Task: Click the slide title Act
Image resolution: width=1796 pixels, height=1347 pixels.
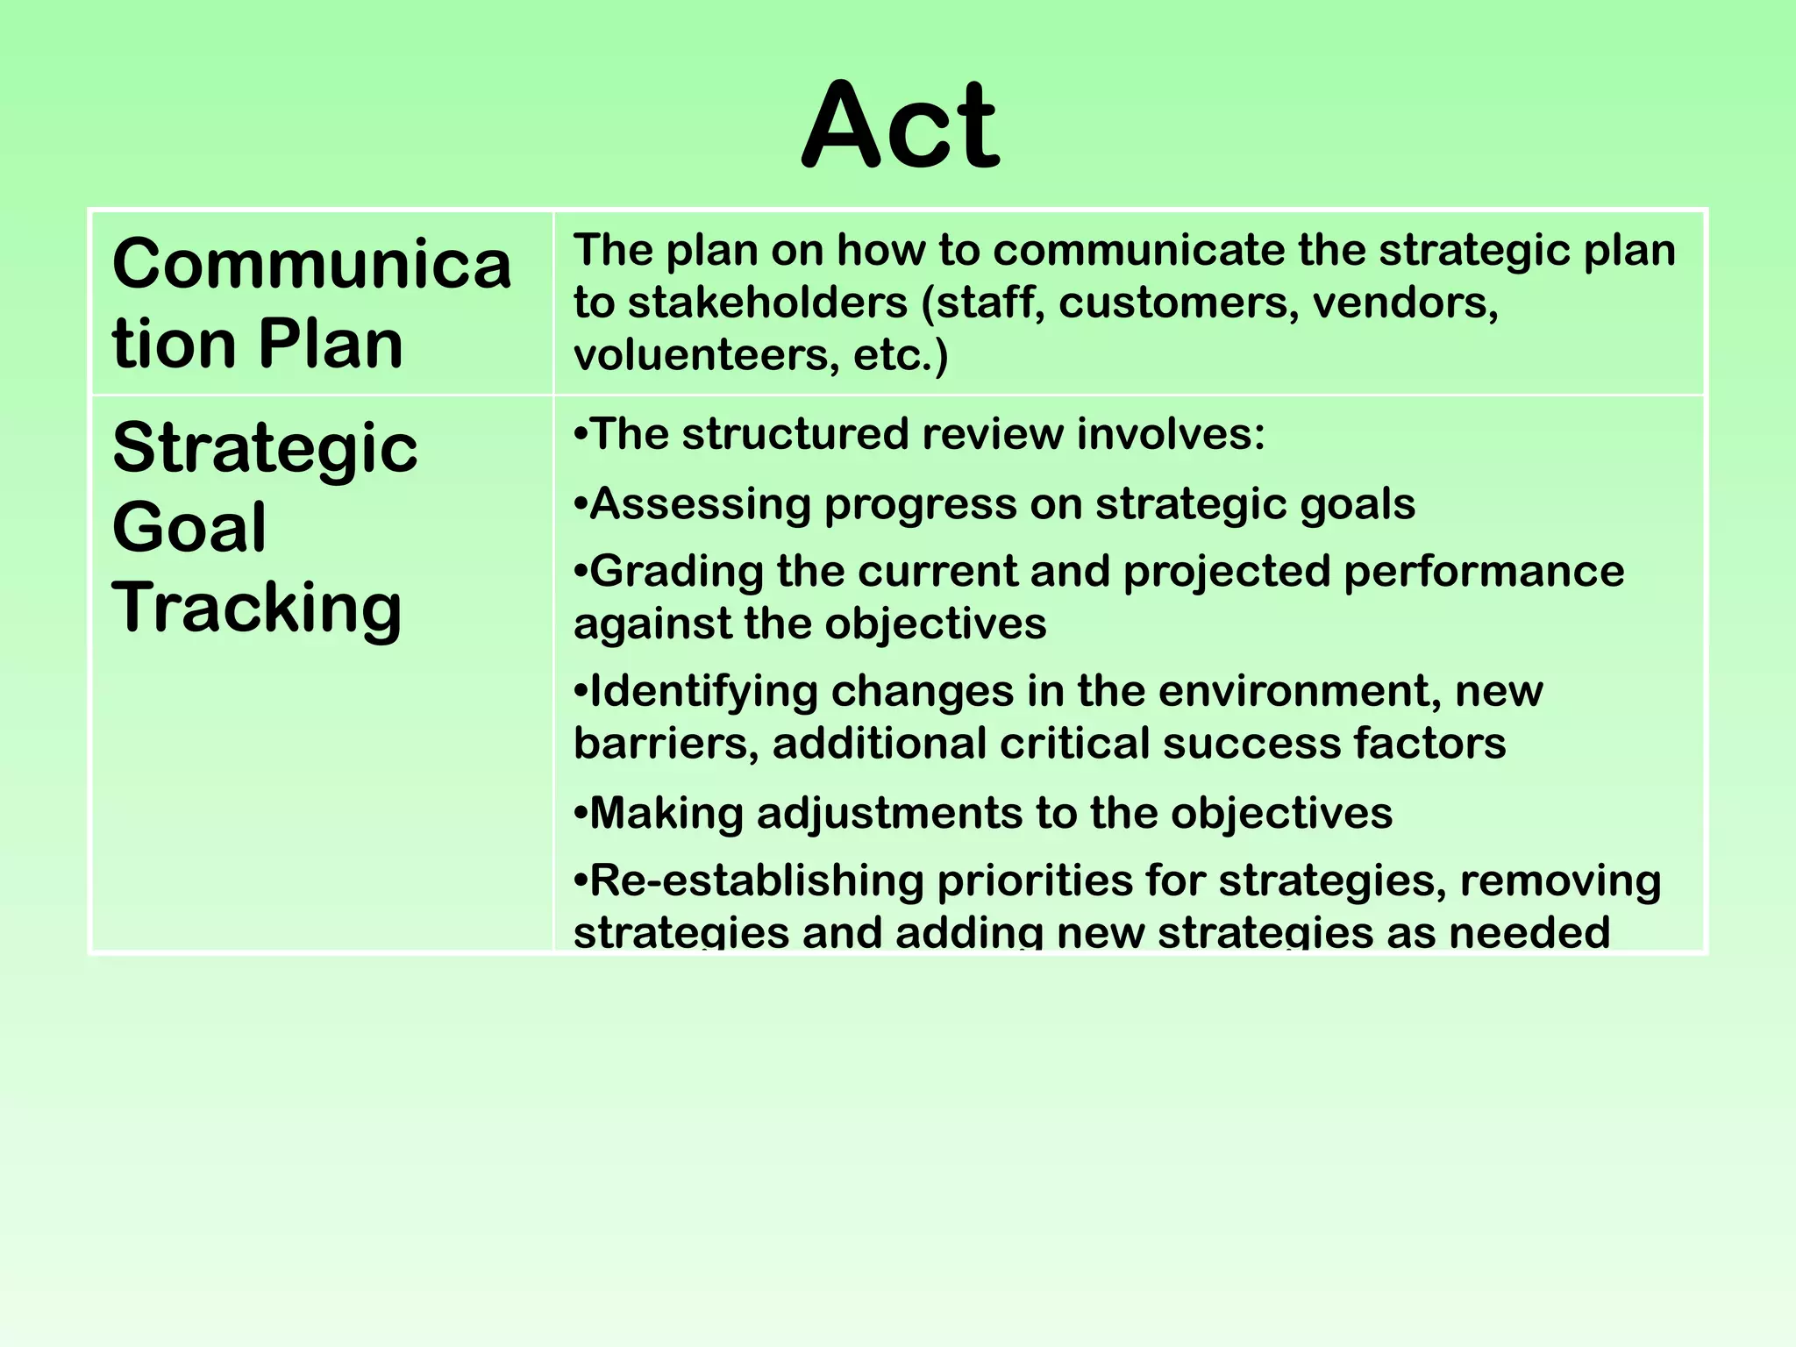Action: coord(900,125)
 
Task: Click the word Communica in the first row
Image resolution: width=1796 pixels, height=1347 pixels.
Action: coord(311,264)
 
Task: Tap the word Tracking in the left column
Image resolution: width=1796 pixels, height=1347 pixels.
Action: coord(257,608)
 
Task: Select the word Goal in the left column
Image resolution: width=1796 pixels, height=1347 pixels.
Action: coord(189,528)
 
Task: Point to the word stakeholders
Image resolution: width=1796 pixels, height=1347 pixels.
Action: coord(767,303)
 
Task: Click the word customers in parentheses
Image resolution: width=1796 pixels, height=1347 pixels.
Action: coord(1178,303)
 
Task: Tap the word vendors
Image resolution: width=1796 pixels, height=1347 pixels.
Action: coord(1405,303)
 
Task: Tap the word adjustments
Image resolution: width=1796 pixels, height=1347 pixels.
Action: coord(888,813)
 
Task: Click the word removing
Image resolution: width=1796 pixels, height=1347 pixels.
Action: coord(1560,880)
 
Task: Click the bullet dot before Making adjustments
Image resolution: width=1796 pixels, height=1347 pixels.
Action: coord(580,815)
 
